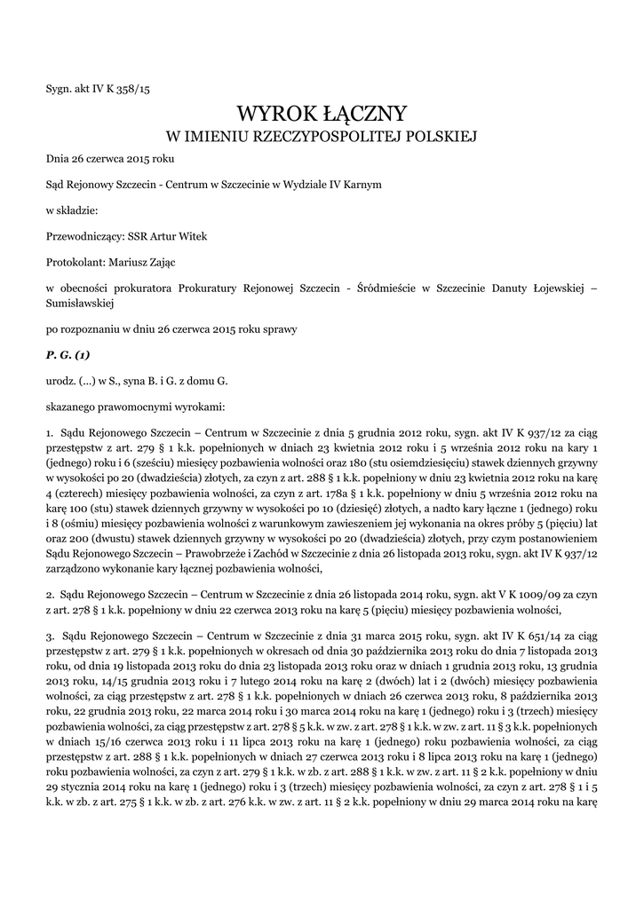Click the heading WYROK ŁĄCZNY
tap(322, 114)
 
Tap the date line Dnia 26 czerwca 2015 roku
tap(110, 159)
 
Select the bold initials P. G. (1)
tap(68, 354)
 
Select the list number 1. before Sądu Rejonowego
tap(50, 431)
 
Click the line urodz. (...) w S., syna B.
tap(137, 380)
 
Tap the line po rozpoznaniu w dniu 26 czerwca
tap(171, 328)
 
